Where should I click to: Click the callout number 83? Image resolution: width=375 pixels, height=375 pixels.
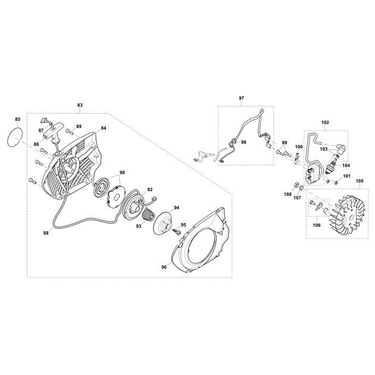pos(80,105)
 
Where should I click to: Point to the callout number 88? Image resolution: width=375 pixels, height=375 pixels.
pos(46,233)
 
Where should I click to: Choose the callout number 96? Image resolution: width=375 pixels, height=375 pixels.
pos(164,267)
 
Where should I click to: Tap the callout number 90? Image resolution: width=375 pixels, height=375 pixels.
pos(122,173)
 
